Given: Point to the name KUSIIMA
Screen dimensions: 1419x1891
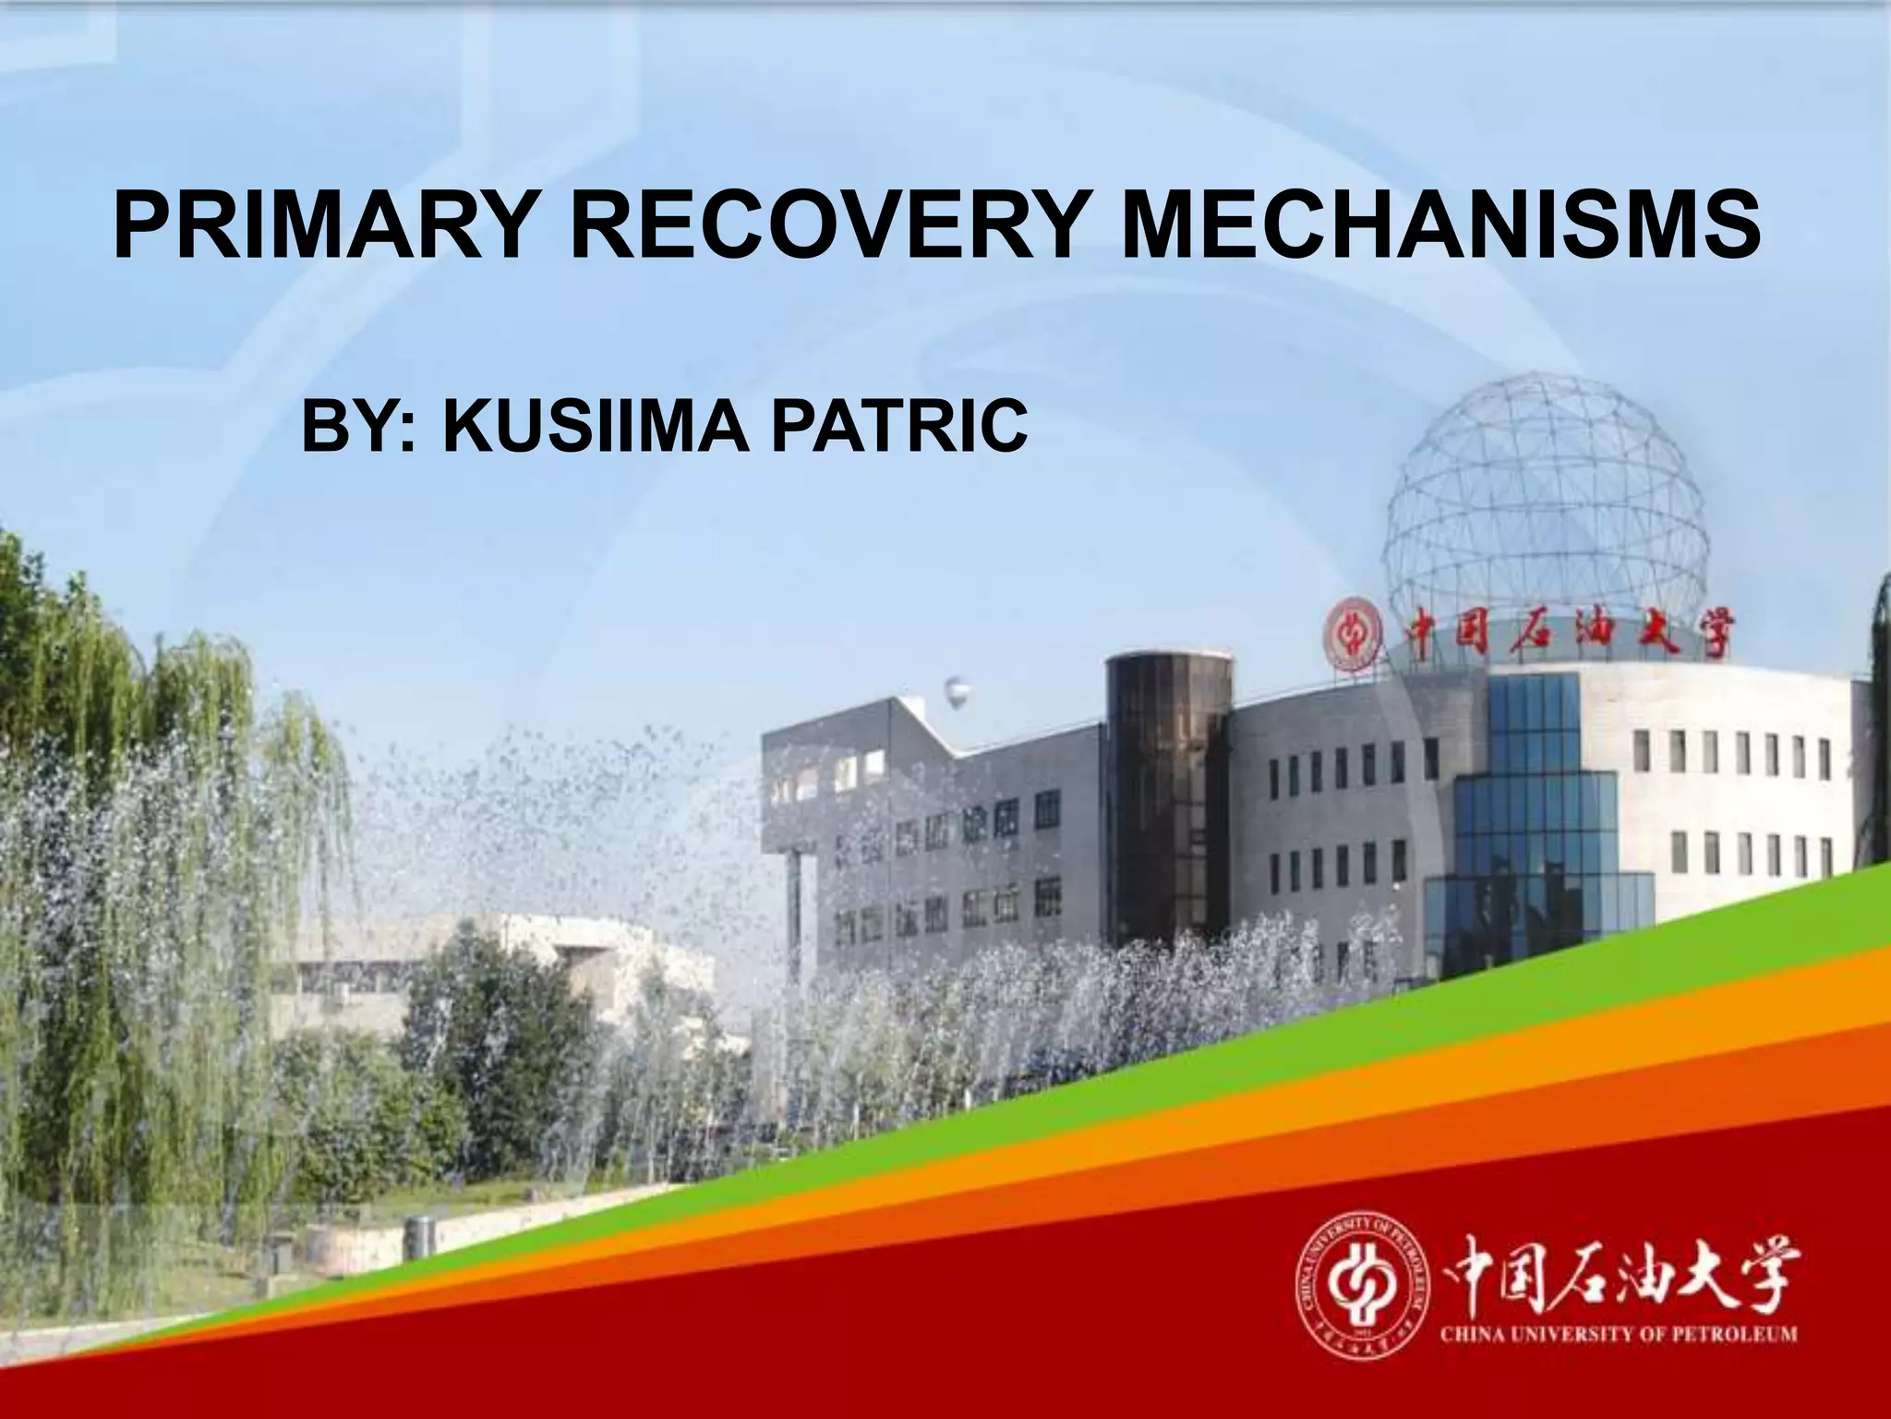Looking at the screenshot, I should point(596,426).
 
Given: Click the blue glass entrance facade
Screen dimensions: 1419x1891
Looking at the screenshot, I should point(1533,831).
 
